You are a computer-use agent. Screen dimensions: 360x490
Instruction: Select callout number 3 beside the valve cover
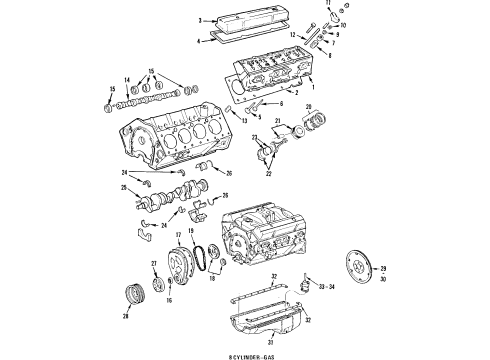200,20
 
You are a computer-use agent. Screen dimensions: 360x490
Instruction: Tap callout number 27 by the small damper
155,264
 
